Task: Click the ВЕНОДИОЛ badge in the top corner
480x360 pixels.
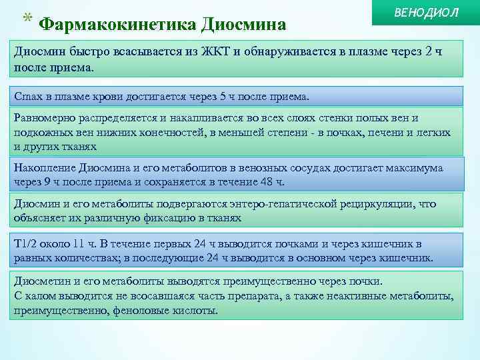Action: point(427,13)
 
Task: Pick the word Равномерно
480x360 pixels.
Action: point(45,118)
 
